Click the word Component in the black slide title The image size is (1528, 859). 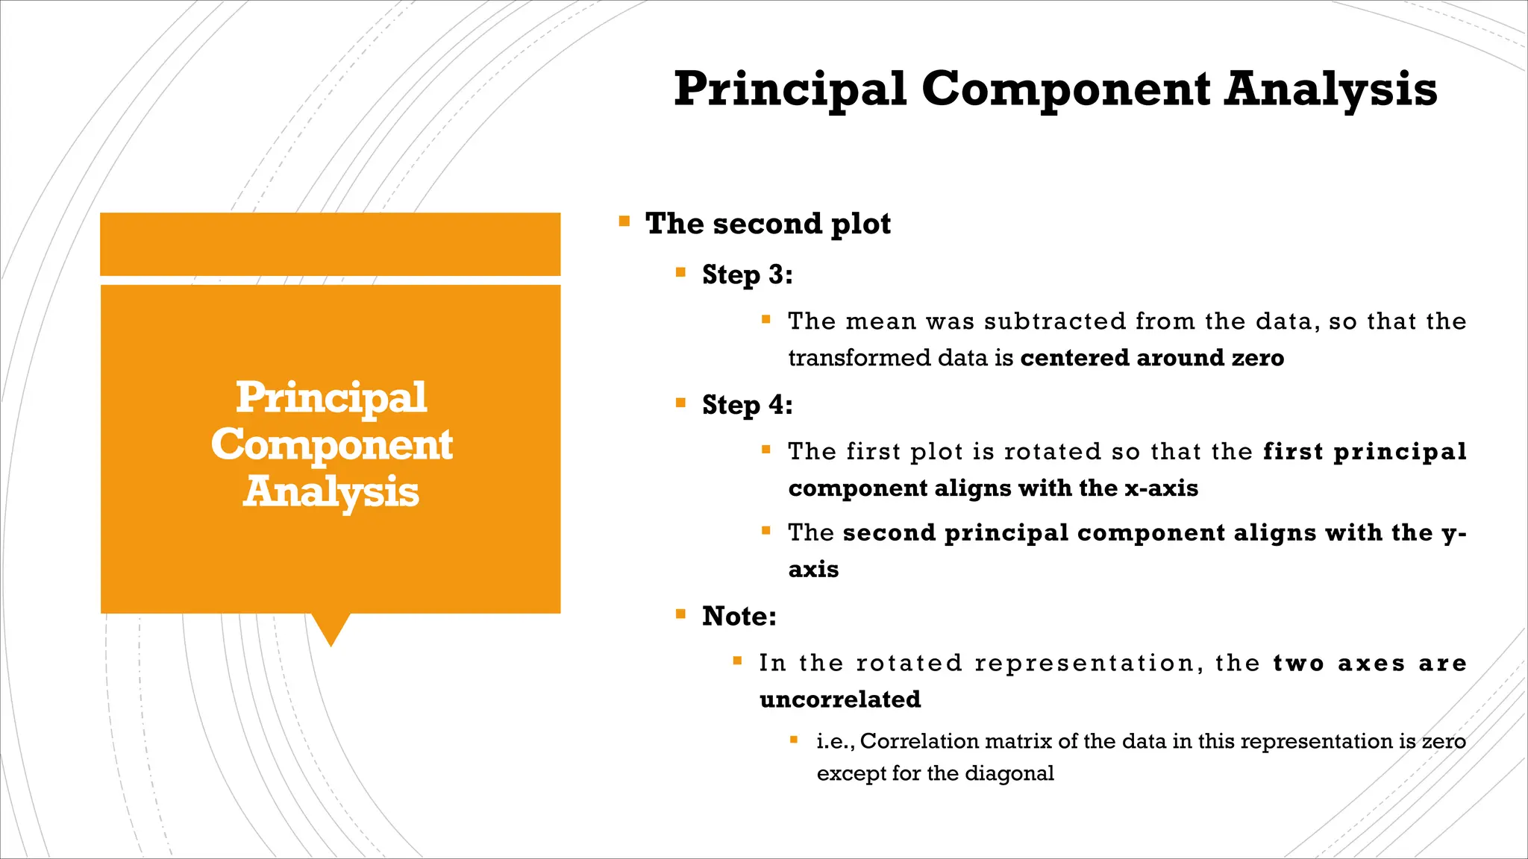coord(1066,89)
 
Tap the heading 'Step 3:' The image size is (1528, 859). coord(747,274)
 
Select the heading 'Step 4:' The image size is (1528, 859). coord(747,405)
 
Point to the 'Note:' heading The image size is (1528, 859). coord(739,616)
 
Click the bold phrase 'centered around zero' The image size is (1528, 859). coord(1152,358)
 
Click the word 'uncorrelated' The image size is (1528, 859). coord(840,699)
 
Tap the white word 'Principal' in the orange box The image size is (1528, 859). coord(331,397)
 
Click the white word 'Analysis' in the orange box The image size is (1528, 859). coord(331,492)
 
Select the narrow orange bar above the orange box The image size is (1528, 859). coord(330,244)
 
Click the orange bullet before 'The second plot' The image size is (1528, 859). coord(624,221)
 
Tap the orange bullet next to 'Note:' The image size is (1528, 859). coord(680,614)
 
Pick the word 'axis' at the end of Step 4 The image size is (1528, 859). coord(813,570)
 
